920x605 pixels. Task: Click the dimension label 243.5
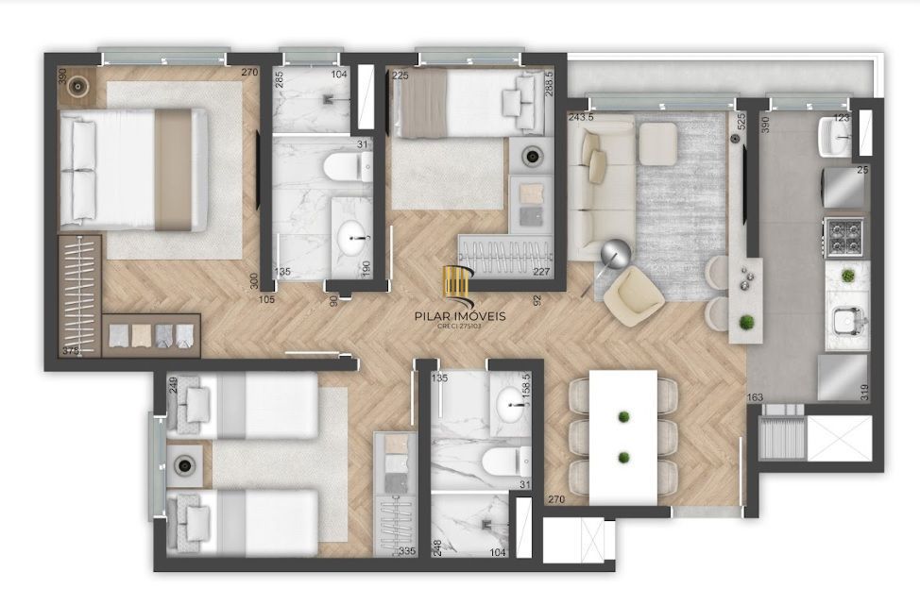click(581, 118)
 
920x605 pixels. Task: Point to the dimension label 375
click(70, 350)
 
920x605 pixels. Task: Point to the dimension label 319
click(864, 391)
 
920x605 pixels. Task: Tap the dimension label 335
click(407, 551)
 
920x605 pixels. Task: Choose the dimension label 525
click(741, 122)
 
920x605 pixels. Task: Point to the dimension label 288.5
click(549, 89)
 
